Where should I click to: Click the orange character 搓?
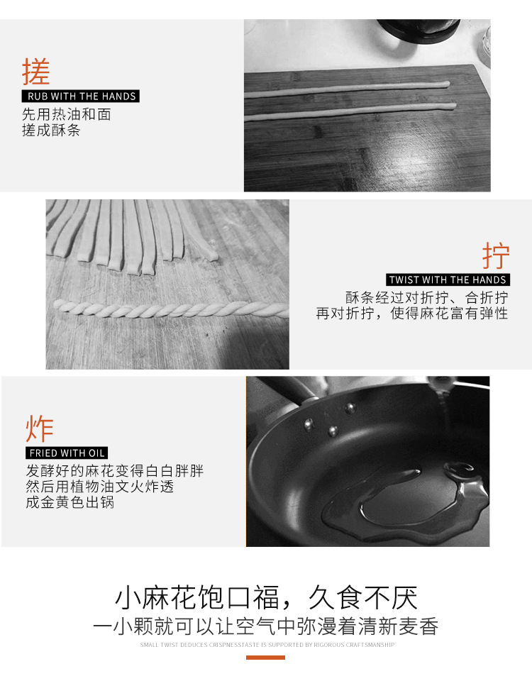(x=36, y=72)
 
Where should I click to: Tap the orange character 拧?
(x=496, y=256)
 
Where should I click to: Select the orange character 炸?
(x=40, y=428)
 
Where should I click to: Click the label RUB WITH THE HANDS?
(x=81, y=96)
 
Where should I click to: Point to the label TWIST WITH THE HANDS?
(x=448, y=279)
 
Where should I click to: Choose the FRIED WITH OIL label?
(x=67, y=453)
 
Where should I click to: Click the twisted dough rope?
(x=172, y=309)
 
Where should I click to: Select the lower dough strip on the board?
(x=350, y=111)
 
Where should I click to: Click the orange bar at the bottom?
(x=265, y=658)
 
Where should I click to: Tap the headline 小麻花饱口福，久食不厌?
(x=266, y=597)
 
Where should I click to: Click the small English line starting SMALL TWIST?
(x=267, y=645)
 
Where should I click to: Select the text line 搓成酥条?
(x=51, y=130)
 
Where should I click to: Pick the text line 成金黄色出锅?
(x=70, y=502)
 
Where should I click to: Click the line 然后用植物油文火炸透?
(x=100, y=486)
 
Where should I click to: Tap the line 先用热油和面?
(x=67, y=114)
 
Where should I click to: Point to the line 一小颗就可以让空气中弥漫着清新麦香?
(x=266, y=626)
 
